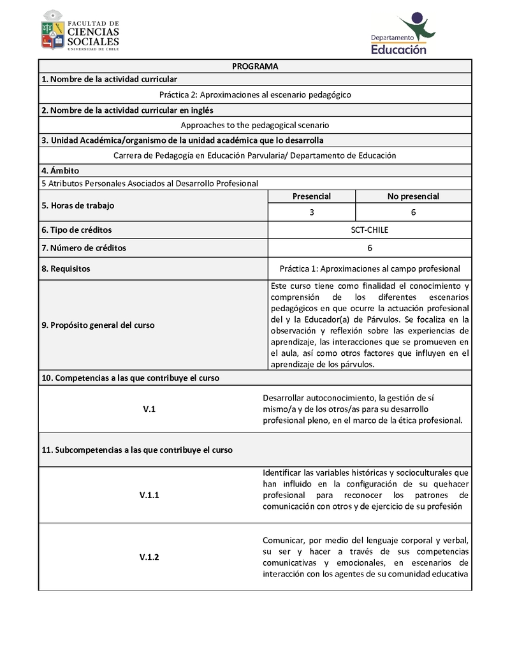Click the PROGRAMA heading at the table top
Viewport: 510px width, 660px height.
coord(255,66)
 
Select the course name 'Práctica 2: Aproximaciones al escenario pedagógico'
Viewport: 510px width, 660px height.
coord(255,94)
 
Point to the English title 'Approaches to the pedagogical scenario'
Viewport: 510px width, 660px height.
coord(255,126)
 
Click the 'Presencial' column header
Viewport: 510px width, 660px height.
coord(311,196)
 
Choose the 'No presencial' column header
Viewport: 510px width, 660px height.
coord(413,196)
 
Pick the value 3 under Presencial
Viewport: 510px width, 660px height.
coord(311,212)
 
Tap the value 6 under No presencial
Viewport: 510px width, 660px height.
coord(413,212)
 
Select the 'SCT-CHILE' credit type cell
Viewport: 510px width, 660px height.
coord(370,230)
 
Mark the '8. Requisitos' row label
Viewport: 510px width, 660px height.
coord(66,268)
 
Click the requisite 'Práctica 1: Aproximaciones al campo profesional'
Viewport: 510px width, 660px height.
coord(370,268)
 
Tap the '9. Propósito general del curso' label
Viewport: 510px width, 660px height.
coord(98,325)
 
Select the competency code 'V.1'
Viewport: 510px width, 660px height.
coord(149,409)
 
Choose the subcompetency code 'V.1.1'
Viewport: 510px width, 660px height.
coord(149,495)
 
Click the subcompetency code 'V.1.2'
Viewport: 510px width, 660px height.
coord(149,557)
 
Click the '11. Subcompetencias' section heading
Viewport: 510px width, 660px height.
coord(137,450)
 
